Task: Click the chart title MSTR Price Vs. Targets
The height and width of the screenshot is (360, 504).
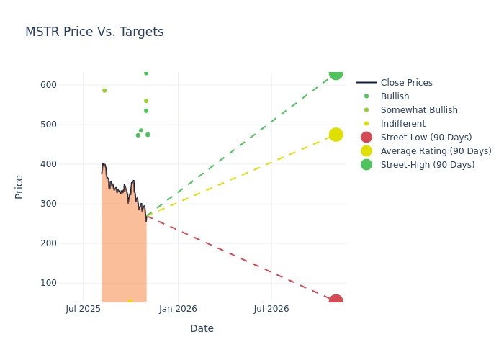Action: (x=94, y=32)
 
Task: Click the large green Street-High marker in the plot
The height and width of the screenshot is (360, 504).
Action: (x=336, y=73)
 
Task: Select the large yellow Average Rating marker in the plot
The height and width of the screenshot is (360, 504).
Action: (x=336, y=135)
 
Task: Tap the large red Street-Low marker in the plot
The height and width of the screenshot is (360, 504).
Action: (x=336, y=301)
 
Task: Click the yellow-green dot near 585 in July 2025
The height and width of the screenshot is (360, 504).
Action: (x=104, y=91)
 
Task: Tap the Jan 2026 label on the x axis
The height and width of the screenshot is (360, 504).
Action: (x=178, y=309)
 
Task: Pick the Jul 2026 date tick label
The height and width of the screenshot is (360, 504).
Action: (x=271, y=309)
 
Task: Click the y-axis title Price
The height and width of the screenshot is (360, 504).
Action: (x=19, y=186)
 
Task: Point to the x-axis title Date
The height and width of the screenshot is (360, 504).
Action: (x=202, y=328)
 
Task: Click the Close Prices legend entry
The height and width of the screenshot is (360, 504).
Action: (x=406, y=83)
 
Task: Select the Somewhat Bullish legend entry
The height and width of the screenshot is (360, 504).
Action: (x=419, y=110)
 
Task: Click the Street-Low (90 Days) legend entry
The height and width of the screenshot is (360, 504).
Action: (x=426, y=138)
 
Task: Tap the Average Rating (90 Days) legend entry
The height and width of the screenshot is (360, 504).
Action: (x=436, y=151)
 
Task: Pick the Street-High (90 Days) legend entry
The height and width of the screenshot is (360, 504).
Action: (x=428, y=165)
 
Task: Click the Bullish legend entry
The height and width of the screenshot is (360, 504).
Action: (x=395, y=96)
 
